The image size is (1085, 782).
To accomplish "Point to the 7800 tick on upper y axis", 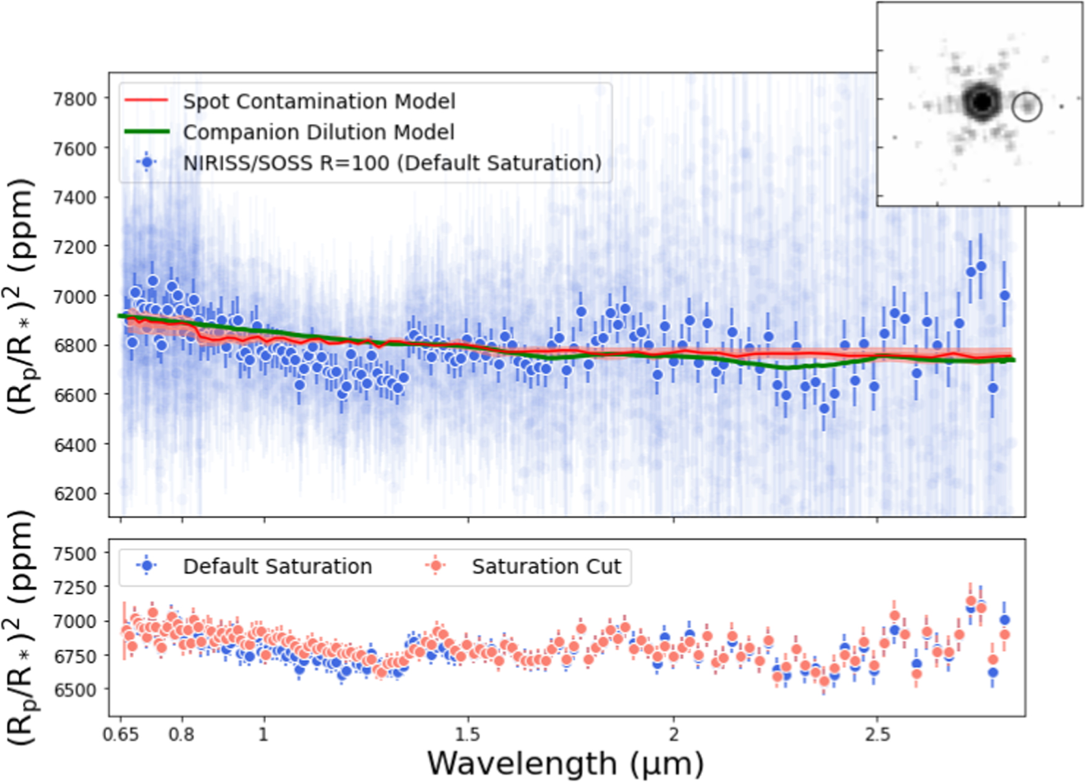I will click(x=76, y=99).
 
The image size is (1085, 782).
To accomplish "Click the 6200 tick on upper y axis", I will click(x=76, y=494).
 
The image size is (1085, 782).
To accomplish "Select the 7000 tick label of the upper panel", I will click(x=76, y=296).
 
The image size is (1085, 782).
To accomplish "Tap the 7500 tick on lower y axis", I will click(x=76, y=553).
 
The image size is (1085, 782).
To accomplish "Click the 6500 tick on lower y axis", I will click(x=76, y=689).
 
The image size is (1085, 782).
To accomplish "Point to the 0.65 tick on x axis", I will click(x=120, y=734).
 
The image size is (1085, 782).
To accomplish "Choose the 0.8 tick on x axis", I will click(x=181, y=734).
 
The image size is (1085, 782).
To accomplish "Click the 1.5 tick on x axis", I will click(x=467, y=734).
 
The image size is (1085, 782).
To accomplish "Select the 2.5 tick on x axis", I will click(x=877, y=734).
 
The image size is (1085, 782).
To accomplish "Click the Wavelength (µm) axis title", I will click(x=565, y=763).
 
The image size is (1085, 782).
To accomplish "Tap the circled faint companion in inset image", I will click(x=1027, y=107).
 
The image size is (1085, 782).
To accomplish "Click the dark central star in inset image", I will click(x=982, y=101).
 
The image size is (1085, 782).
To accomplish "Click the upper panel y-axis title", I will click(x=22, y=296).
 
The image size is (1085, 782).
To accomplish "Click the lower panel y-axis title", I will click(x=22, y=626).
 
